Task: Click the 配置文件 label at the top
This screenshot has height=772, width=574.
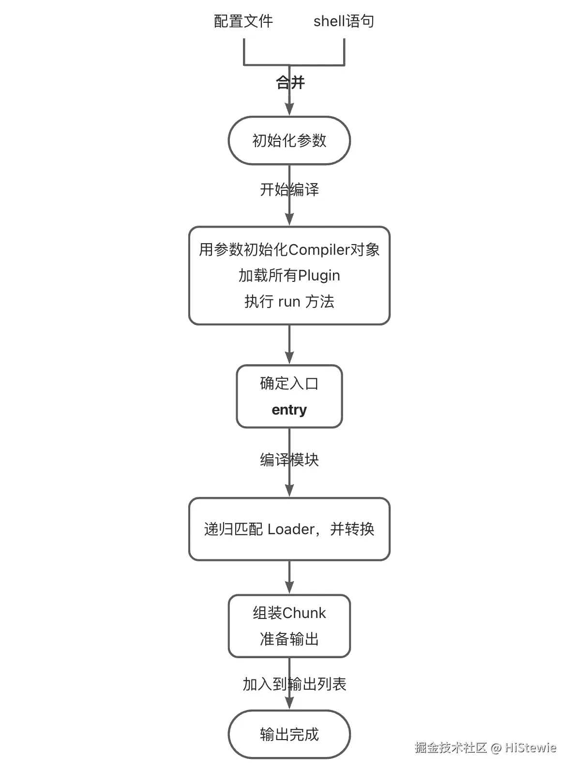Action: (x=243, y=21)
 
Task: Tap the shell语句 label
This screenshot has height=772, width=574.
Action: (x=344, y=21)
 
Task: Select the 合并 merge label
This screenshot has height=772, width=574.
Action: (x=290, y=82)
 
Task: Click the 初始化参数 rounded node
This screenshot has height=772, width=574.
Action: (x=289, y=140)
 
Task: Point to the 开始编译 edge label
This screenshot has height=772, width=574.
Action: (x=289, y=189)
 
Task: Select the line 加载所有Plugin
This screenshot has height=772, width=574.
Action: (x=289, y=276)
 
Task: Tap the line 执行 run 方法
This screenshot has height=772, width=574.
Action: (x=289, y=302)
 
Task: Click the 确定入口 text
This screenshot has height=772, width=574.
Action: (x=289, y=384)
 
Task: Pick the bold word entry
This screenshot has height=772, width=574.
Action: (x=289, y=410)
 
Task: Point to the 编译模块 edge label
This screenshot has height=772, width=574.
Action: (x=289, y=460)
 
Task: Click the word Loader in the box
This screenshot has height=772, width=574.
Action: (x=291, y=529)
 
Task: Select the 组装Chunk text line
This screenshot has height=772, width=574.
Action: (x=289, y=613)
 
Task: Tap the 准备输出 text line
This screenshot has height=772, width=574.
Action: (x=289, y=639)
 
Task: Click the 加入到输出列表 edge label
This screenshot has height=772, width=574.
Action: (x=294, y=684)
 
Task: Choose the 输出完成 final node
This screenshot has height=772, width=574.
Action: (x=289, y=735)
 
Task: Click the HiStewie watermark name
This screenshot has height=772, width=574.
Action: (x=531, y=748)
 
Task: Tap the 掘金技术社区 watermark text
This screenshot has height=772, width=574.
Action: (x=451, y=748)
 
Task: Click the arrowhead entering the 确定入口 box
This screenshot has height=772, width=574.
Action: (x=289, y=358)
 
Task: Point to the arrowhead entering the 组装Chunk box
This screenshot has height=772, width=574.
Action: (x=289, y=588)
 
